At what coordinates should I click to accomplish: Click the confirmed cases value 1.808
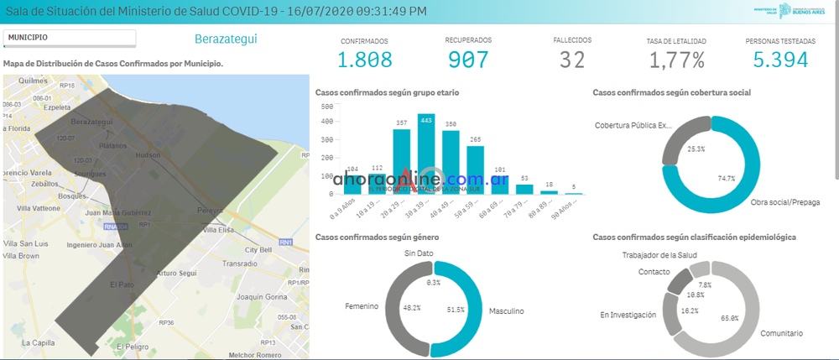[364, 60]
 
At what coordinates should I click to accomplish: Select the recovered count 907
[468, 60]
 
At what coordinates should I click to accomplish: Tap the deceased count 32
[572, 60]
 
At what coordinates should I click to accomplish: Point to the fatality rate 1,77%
[676, 60]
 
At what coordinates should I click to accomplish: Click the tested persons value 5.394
[780, 60]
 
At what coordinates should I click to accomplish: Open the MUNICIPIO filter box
[69, 38]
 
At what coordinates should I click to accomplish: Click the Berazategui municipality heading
[226, 39]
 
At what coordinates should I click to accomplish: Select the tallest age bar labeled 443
[426, 155]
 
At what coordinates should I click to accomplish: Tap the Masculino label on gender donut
[506, 311]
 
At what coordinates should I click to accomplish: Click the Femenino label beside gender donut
[362, 306]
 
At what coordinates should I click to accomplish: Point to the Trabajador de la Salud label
[660, 255]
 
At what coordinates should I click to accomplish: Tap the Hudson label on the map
[146, 156]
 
